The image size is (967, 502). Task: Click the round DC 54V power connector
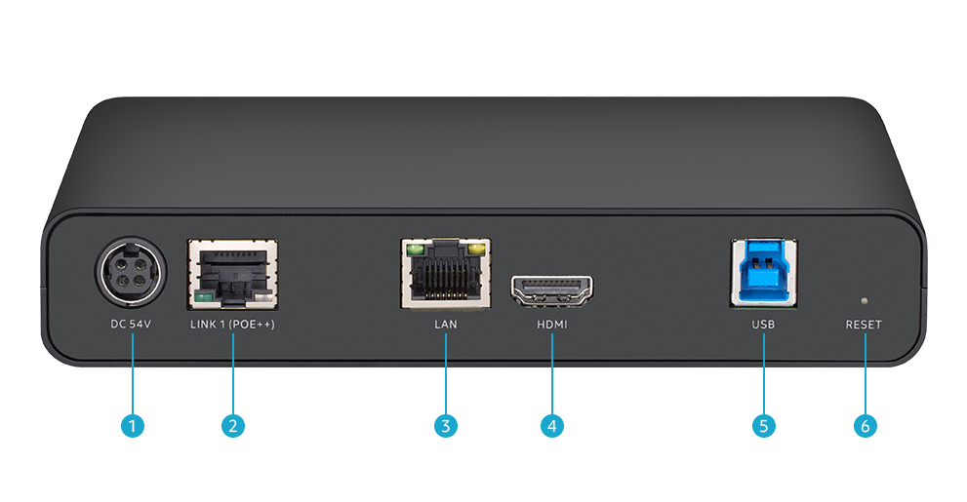(x=131, y=274)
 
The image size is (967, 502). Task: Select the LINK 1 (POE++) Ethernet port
(x=232, y=275)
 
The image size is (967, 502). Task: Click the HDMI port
(x=552, y=290)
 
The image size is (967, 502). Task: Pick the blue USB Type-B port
(x=763, y=273)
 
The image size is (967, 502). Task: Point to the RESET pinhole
(x=863, y=300)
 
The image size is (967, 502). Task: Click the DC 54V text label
(x=131, y=325)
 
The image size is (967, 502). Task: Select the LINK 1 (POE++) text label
(x=232, y=325)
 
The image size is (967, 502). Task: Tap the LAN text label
(x=445, y=325)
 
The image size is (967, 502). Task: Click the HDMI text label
(x=551, y=325)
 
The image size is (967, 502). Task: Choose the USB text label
(x=763, y=325)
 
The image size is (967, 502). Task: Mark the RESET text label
(x=864, y=325)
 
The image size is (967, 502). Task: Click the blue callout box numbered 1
(x=131, y=425)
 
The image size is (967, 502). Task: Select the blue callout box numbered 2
(x=232, y=425)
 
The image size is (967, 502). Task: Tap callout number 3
(x=445, y=425)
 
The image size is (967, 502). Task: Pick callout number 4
(x=551, y=425)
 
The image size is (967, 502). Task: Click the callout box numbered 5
(x=763, y=425)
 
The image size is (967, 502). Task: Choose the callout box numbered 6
(x=864, y=425)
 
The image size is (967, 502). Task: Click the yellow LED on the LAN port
(x=477, y=251)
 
